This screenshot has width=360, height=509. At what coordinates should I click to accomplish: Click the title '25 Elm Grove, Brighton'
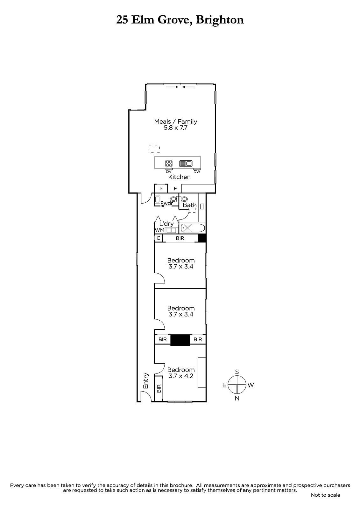[x=180, y=20]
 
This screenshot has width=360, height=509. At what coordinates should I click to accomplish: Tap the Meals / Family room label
[x=176, y=122]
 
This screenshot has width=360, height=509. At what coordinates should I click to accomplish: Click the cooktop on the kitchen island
[x=169, y=164]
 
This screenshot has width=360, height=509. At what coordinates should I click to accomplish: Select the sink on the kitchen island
[x=186, y=164]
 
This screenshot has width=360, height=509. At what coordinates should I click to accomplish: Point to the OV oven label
[x=168, y=172]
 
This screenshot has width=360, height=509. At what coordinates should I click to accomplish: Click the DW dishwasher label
[x=197, y=172]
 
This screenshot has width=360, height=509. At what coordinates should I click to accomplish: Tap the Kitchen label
[x=180, y=177]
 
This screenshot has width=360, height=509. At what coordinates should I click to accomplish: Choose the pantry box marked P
[x=161, y=189]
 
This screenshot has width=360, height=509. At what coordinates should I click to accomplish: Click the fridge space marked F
[x=175, y=189]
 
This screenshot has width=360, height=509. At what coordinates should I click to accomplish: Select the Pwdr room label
[x=167, y=203]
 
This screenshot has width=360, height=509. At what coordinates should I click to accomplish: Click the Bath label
[x=190, y=205]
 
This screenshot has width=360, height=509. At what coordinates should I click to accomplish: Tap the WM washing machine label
[x=160, y=230]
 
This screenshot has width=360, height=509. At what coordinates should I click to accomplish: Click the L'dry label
[x=166, y=224]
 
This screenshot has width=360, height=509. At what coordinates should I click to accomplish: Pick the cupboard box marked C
[x=159, y=238]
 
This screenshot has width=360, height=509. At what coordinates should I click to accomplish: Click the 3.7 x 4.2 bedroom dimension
[x=181, y=376]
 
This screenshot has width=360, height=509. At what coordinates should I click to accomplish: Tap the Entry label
[x=145, y=380]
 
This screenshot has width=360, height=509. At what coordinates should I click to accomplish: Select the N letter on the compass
[x=237, y=398]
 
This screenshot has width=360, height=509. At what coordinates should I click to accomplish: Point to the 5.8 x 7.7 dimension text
[x=176, y=128]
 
